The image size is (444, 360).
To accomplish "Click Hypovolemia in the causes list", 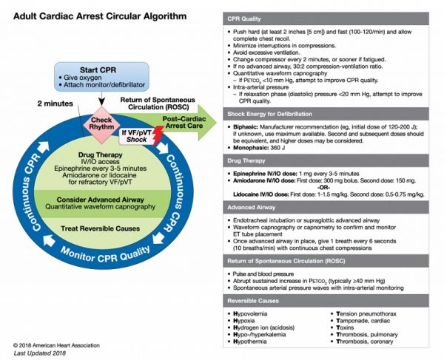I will [x=255, y=315].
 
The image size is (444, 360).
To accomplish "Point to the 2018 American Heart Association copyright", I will [x=50, y=345].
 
